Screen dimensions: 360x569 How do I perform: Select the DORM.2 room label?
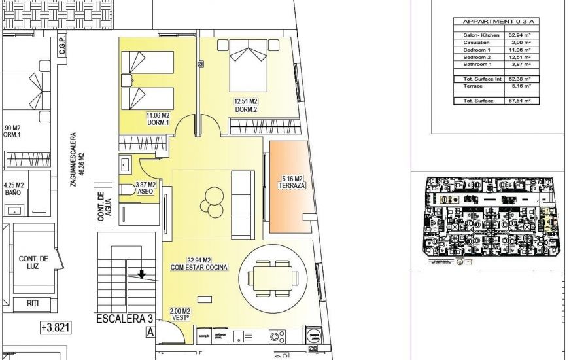pos(246,109)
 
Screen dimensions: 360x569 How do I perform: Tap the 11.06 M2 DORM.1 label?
pos(158,118)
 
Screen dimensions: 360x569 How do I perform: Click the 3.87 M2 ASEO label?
pos(145,189)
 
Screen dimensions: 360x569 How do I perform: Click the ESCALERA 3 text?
pos(124,319)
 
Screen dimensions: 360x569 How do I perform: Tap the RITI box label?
pos(33,303)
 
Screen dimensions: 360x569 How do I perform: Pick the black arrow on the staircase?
pos(141,274)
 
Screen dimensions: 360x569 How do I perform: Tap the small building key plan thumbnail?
pos(490,218)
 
